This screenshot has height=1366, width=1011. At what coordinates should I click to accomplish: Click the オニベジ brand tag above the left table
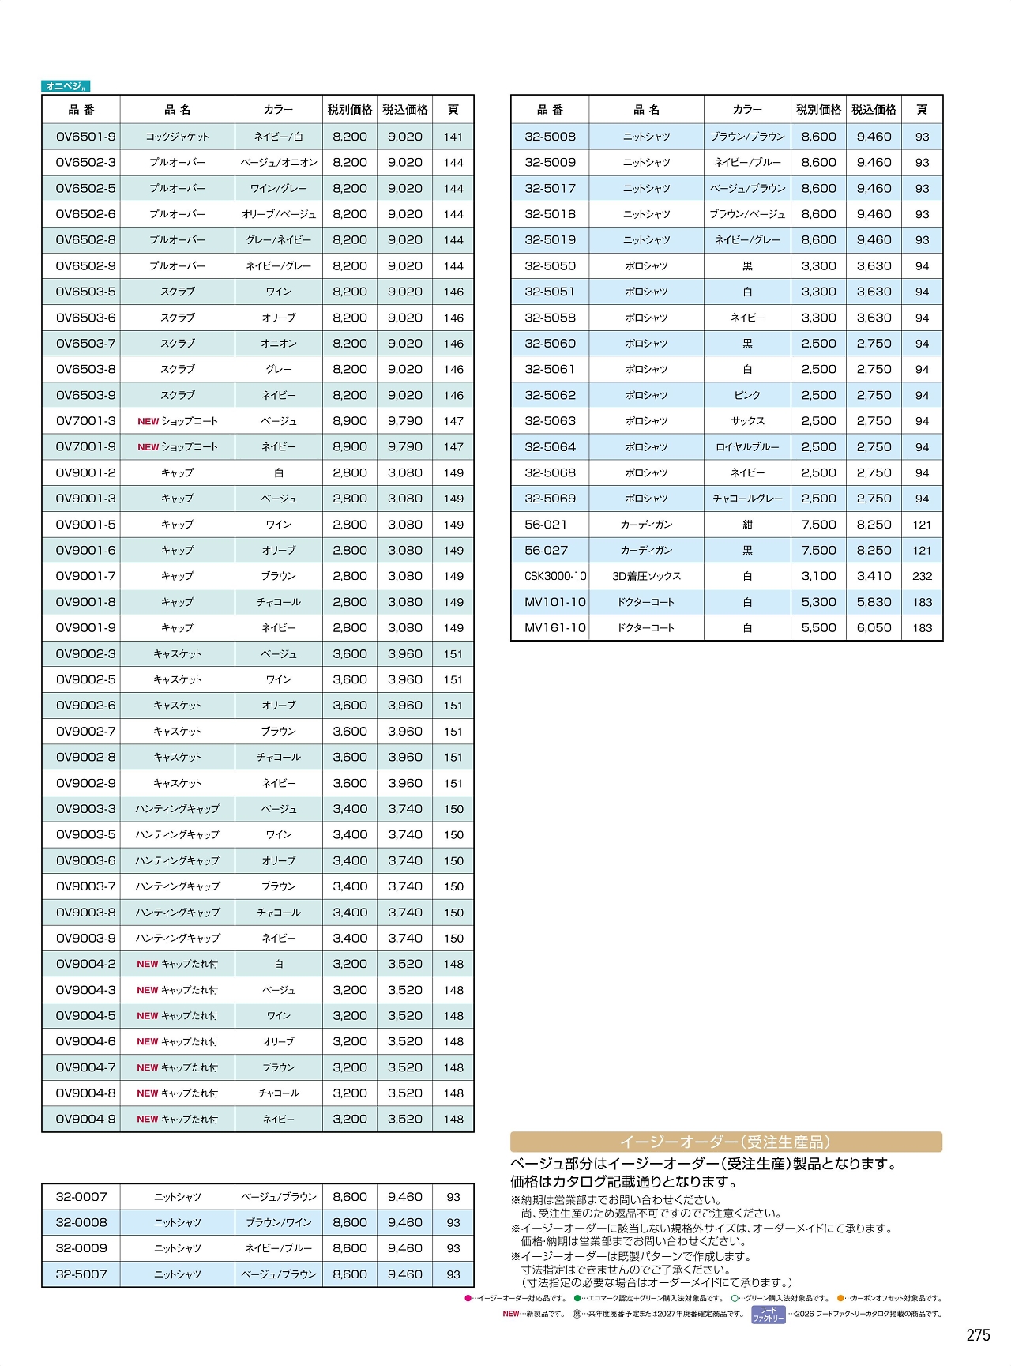pos(66,86)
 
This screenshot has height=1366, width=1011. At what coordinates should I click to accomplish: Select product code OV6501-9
pos(85,137)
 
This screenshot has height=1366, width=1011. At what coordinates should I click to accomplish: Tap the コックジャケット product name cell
pos(177,137)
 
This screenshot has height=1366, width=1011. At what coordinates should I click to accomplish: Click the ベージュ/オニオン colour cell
pos(278,163)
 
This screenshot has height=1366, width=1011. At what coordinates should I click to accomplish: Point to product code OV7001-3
pos(85,421)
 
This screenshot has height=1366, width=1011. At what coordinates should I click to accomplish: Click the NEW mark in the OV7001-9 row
pos(148,447)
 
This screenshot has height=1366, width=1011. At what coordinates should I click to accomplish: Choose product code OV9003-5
pos(85,834)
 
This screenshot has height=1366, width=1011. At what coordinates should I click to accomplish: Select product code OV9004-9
pos(85,1119)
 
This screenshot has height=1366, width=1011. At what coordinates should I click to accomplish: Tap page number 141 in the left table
pos(453,137)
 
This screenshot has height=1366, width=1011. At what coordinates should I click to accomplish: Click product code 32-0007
pos(81,1197)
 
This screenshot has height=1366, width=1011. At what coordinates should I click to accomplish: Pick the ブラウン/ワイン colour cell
pos(278,1223)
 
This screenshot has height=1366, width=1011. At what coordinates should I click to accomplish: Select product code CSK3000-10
pos(555,576)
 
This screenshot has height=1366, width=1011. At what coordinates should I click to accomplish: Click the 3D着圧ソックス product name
pos(646,576)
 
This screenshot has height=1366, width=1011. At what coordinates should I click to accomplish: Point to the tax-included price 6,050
pos(874,628)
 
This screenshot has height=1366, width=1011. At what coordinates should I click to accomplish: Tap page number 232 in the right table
pos(922,576)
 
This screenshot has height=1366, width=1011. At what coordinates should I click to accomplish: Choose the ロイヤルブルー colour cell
pos(746,447)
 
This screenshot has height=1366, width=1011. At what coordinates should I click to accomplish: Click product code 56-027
pos(546,551)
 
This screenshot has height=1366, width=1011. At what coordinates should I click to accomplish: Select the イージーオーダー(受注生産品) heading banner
pos(726,1142)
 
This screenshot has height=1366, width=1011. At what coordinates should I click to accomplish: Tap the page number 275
pos(978,1335)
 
